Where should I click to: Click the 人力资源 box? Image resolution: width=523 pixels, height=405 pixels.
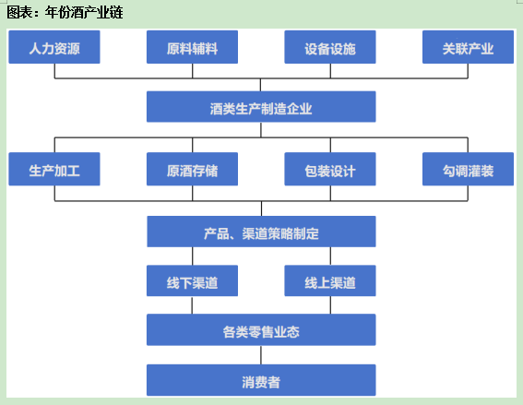54,47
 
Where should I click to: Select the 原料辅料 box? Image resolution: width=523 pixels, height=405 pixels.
192,47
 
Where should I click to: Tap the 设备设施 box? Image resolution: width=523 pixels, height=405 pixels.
330,47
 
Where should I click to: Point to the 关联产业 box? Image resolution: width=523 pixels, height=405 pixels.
468,47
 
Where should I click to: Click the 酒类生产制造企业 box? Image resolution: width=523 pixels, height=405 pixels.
261,107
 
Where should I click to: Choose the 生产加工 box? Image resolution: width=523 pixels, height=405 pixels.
54,169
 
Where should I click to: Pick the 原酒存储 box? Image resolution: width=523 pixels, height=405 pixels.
192,169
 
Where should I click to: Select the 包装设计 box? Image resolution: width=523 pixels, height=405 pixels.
330,169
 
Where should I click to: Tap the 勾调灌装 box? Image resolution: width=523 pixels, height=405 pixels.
468,169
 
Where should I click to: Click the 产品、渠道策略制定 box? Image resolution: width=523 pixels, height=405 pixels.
262,232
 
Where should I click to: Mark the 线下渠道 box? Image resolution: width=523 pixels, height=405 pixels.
192,280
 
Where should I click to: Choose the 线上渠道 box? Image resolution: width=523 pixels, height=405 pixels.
330,280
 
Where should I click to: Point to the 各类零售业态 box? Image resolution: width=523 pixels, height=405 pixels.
261,329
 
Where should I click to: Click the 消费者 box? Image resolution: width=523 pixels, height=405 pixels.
261,380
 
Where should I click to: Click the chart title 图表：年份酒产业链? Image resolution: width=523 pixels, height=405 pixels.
65,13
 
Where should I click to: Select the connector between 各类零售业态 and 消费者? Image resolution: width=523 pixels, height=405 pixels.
261,355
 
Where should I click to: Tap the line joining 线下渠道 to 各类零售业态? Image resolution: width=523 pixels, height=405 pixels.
192,305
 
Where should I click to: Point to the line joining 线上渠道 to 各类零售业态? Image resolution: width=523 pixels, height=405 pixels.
330,305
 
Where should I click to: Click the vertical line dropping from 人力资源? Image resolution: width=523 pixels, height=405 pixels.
54,71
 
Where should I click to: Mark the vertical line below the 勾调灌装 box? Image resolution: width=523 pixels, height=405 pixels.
468,193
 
